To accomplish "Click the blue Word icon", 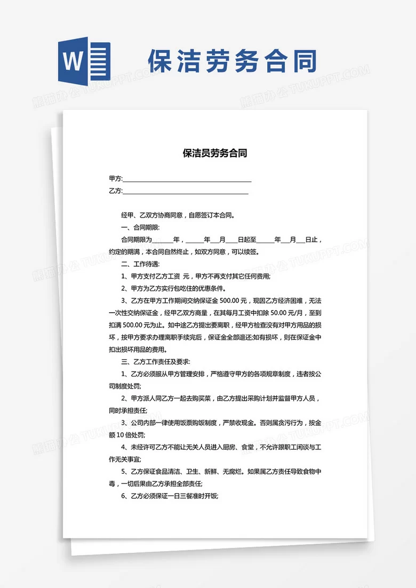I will point(84,61).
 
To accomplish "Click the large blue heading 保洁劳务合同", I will point(233,61).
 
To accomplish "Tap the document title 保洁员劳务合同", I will point(215,154).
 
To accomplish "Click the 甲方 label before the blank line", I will point(115,178).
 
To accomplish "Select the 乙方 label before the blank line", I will point(115,190).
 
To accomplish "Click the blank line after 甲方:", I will point(187,179).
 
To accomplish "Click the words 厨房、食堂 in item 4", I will point(237,447).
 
